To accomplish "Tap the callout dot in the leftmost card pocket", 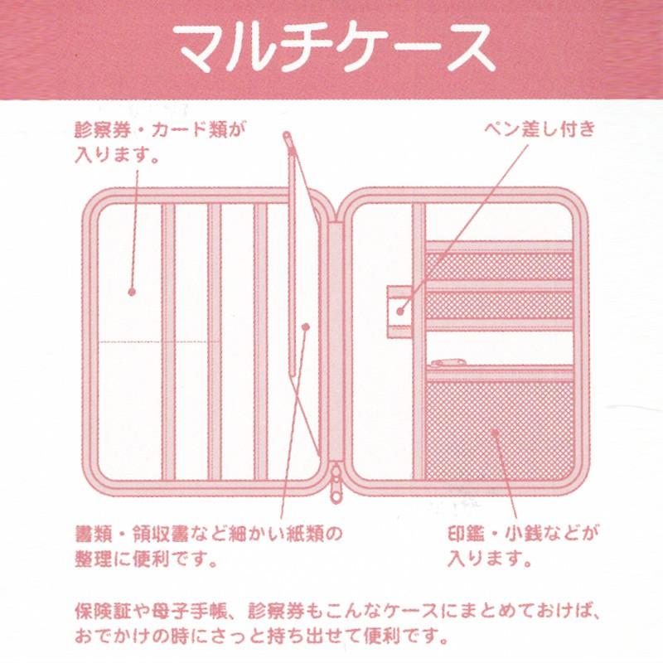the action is [x=131, y=291].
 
